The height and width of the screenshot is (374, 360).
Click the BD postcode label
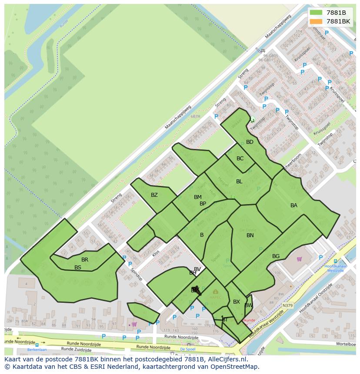tap(250, 142)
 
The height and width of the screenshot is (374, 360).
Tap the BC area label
tap(240, 159)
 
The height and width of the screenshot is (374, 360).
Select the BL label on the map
tap(239, 182)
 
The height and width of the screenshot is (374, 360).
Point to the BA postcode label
tap(294, 205)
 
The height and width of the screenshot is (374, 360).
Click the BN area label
tap(250, 235)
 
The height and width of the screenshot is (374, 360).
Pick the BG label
tap(276, 256)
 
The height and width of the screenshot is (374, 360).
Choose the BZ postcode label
tap(154, 195)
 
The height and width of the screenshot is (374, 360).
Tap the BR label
tap(85, 260)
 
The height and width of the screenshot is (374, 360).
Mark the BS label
tap(78, 268)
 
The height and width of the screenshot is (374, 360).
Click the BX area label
tap(237, 302)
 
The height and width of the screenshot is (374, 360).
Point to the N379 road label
tap(287, 306)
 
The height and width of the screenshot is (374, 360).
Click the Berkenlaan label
tap(37, 349)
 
